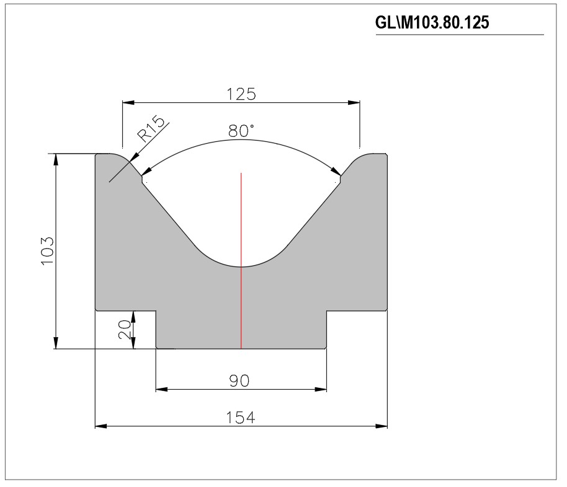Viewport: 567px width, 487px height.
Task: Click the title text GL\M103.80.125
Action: point(432,22)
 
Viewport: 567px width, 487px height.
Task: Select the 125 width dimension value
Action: point(241,94)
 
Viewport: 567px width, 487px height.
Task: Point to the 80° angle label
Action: point(241,130)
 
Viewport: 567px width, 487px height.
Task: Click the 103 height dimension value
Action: point(47,251)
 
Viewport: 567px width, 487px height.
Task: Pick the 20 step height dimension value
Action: point(125,330)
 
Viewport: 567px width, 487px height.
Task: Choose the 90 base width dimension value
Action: point(239,381)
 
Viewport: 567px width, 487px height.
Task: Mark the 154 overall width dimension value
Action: point(241,418)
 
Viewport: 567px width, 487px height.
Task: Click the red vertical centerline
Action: point(241,261)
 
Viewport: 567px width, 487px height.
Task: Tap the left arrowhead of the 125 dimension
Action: point(128,103)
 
